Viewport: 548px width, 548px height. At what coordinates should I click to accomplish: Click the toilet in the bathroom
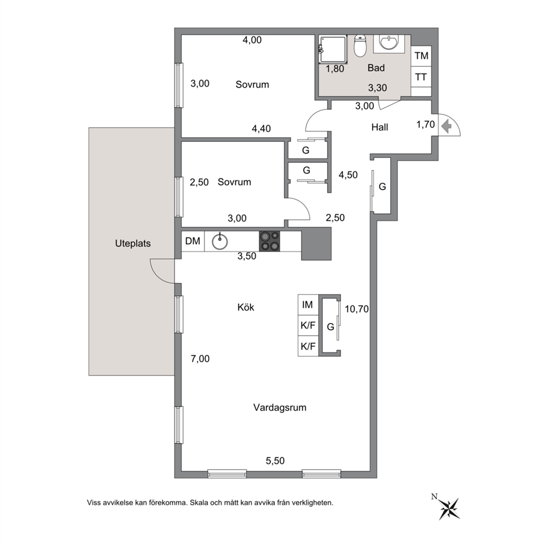coord(360,45)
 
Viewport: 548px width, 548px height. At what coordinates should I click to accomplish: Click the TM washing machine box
coord(421,56)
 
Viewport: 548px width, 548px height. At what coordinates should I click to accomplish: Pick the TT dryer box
coord(421,77)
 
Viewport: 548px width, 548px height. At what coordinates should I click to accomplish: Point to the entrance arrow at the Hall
coord(446,126)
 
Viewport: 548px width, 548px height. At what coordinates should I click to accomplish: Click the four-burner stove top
coord(270,241)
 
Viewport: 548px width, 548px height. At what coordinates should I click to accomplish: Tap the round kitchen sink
coord(219,241)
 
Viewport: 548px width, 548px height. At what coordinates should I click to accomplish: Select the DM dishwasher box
coord(193,241)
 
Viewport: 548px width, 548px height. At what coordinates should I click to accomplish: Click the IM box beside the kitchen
coord(308,305)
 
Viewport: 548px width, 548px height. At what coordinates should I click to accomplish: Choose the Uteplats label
coord(133,243)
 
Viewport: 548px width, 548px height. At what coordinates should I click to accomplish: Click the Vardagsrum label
coord(280,408)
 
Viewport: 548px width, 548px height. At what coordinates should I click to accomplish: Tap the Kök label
coord(246,307)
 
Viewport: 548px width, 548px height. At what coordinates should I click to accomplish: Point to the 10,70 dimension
coord(356,309)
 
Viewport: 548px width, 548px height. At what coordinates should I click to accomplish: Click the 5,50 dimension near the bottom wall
coord(275,461)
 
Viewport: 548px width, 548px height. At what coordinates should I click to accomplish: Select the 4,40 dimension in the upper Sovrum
coord(261,129)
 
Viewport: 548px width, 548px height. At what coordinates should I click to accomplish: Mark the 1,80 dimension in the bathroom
coord(335,69)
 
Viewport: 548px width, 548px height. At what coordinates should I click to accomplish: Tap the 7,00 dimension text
coord(200,359)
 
